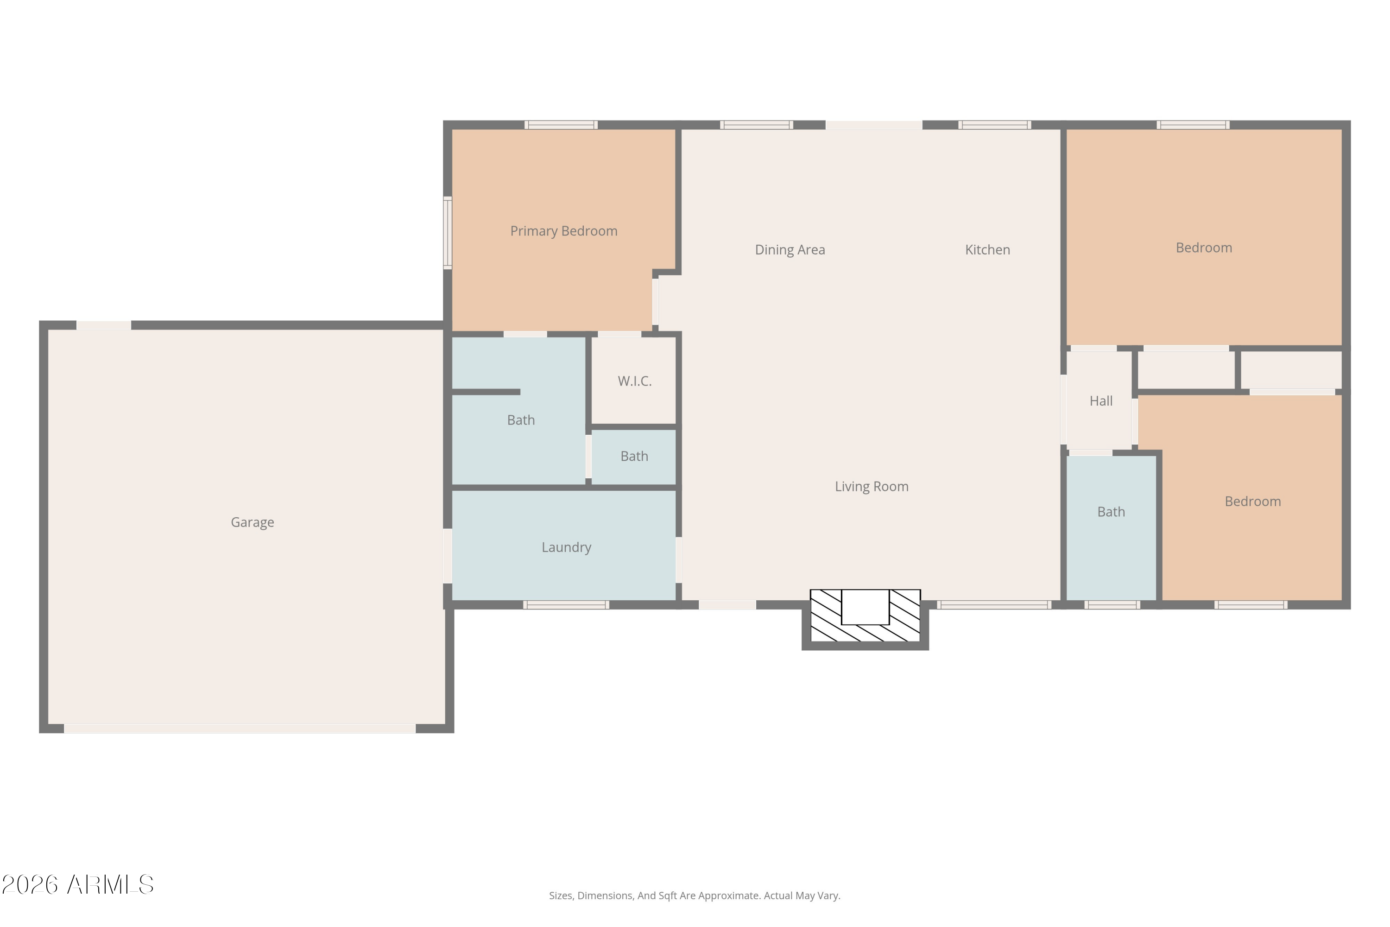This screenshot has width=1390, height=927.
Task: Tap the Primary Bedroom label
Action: [564, 231]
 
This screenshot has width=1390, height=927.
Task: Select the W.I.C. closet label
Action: [635, 381]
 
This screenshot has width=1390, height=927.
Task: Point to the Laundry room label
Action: [566, 547]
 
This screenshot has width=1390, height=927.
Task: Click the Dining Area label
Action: [790, 250]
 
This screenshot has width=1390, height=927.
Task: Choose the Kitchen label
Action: [987, 250]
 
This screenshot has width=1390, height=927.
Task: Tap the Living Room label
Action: [872, 487]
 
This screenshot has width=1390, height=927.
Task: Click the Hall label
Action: [1101, 401]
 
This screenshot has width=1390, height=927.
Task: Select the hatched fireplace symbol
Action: [865, 616]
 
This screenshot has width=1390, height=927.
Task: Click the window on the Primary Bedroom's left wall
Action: [448, 233]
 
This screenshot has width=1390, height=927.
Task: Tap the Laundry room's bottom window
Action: [566, 605]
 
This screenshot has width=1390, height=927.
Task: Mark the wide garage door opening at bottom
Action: [240, 729]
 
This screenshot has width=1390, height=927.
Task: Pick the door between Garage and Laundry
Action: [448, 556]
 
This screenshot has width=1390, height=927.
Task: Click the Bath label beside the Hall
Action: [1111, 512]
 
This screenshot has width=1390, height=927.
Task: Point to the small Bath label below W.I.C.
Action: [634, 457]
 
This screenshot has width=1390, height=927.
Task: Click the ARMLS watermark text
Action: [78, 885]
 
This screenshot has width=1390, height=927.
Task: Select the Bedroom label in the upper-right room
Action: [1204, 248]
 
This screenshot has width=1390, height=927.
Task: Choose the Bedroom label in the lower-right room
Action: [1253, 502]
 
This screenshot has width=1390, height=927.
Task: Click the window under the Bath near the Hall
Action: [1112, 605]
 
